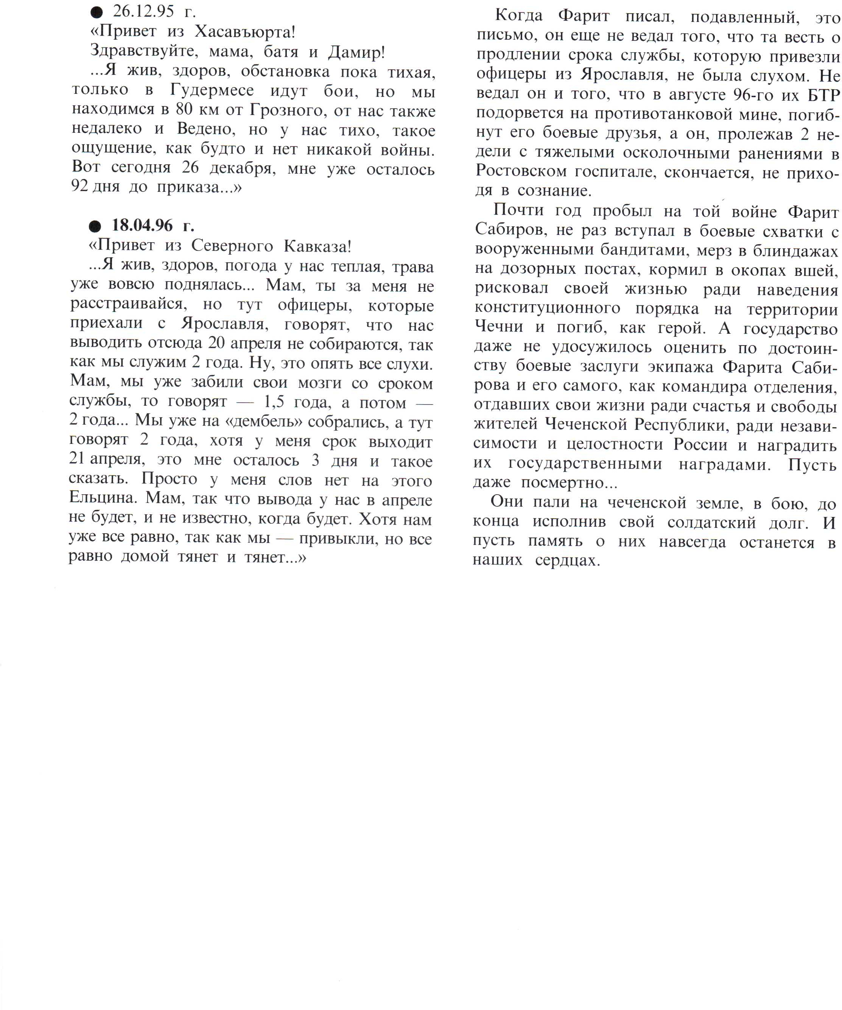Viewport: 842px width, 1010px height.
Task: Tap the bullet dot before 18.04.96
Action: tap(95, 226)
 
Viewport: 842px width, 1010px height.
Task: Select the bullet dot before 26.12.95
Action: tap(96, 12)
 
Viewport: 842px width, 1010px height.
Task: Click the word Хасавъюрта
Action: tap(244, 32)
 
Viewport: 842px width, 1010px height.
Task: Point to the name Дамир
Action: tap(356, 52)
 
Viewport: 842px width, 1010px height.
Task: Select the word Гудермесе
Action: tap(212, 90)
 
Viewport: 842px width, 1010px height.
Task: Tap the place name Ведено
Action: tap(206, 129)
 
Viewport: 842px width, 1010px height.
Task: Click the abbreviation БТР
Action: tap(824, 95)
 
